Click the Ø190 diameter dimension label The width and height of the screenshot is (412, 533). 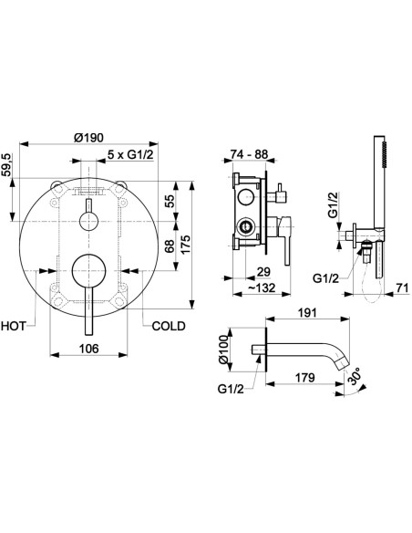[88, 138]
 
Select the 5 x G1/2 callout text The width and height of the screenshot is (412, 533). [130, 154]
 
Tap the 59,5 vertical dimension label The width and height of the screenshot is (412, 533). [6, 165]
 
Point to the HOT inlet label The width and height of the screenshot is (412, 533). [14, 326]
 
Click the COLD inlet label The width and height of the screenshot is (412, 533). [169, 326]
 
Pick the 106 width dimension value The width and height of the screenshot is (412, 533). [89, 349]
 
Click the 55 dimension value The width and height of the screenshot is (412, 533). [170, 201]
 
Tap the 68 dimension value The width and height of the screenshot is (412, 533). [170, 246]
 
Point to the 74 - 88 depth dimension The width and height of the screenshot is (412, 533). [249, 154]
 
